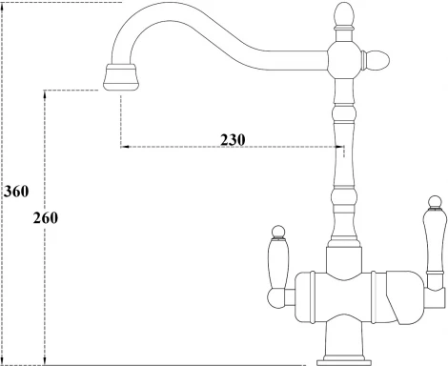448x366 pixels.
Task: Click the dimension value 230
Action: [x=233, y=139]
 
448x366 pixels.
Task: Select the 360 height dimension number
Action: [x=15, y=191]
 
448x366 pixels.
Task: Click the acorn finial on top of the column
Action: [x=344, y=15]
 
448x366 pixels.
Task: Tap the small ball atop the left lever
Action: [x=280, y=231]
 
